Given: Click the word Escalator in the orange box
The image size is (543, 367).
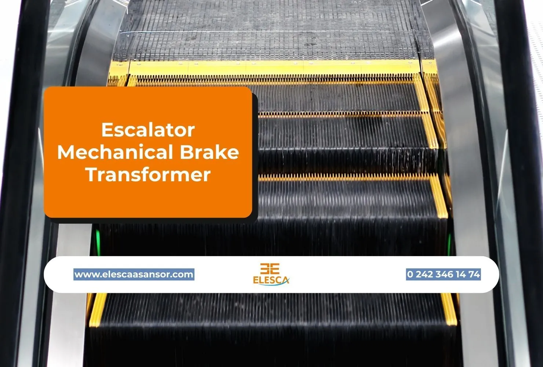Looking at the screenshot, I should pos(148,130).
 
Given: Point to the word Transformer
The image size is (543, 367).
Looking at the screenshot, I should pos(148,174).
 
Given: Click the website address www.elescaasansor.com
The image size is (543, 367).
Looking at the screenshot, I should pos(134,274).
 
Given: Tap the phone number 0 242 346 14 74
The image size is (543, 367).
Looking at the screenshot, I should pos(443,274).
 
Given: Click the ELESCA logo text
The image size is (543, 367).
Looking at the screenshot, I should pos(271,280).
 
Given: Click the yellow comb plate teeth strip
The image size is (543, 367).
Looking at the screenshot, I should pos(275,78).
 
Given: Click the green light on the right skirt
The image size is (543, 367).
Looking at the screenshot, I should pos(449,240).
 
